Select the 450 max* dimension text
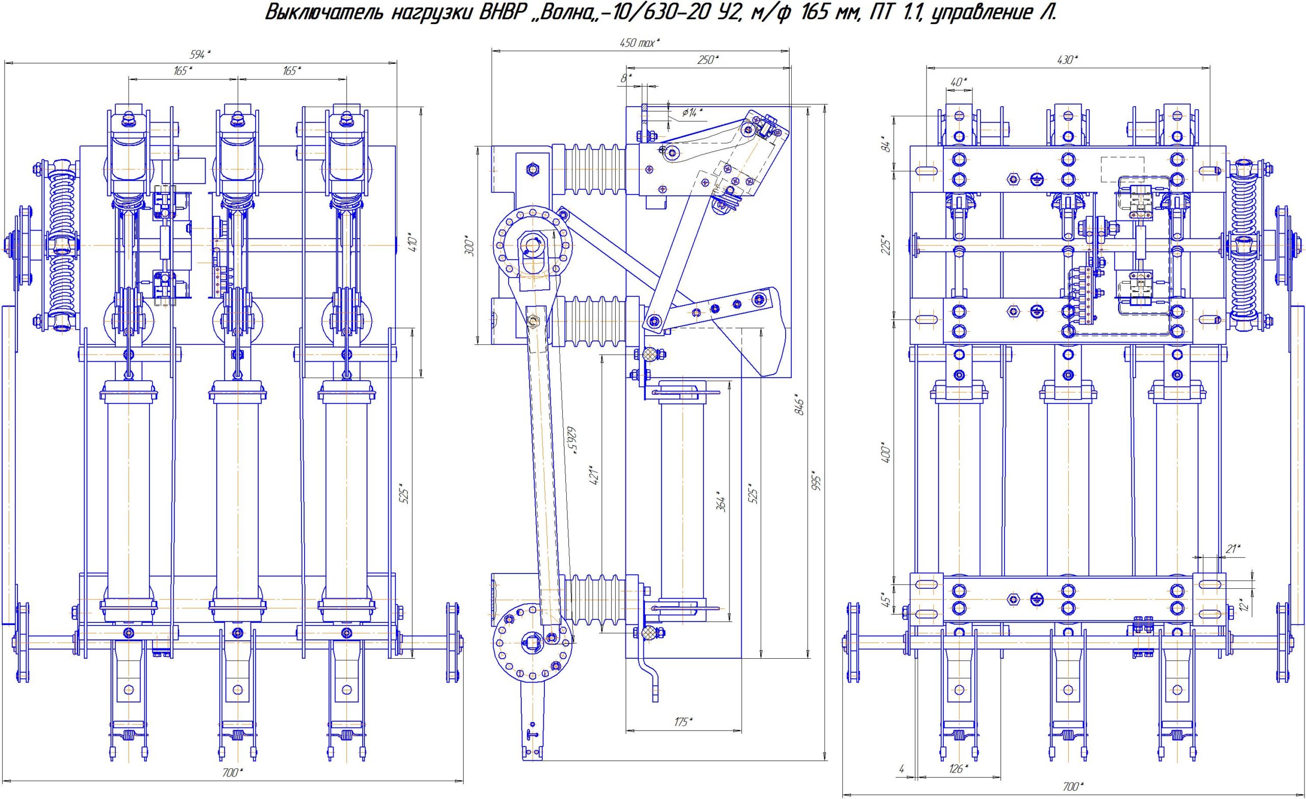coord(640,43)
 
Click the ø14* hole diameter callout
coord(692,112)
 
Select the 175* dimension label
coord(683,721)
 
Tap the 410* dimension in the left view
coord(414,241)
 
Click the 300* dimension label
coord(469,245)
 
